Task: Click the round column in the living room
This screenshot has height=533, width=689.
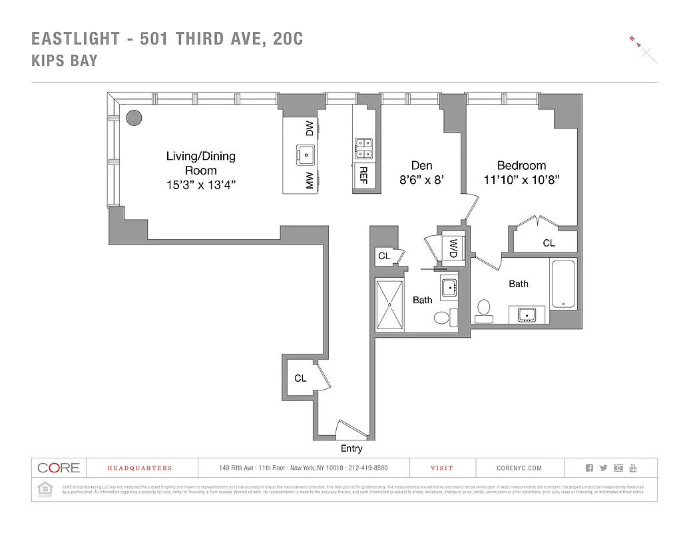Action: [x=134, y=118]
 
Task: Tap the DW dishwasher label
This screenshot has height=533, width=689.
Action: [x=310, y=129]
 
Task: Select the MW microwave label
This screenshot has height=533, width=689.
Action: [x=310, y=181]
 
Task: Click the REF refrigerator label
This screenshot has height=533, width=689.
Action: [x=363, y=175]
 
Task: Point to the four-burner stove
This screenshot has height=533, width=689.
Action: [x=363, y=148]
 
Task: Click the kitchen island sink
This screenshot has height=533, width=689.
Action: [x=306, y=155]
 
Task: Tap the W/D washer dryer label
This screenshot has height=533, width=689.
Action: [x=453, y=249]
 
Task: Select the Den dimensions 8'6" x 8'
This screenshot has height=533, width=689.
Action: [x=421, y=179]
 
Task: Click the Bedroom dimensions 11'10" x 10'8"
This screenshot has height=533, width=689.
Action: [x=521, y=179]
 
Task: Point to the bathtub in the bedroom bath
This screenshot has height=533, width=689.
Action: [x=563, y=284]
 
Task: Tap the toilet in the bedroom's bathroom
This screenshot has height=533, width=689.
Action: [x=484, y=310]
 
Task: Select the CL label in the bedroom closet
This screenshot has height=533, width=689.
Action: [x=549, y=243]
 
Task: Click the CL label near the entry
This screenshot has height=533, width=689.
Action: [x=300, y=378]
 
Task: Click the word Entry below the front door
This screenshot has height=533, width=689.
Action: [x=351, y=448]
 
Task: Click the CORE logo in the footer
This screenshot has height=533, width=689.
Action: [x=59, y=468]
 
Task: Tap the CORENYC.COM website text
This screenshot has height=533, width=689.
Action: [x=519, y=468]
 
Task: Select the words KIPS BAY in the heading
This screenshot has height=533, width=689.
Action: [x=65, y=61]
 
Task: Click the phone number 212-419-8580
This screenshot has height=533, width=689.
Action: [x=365, y=468]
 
